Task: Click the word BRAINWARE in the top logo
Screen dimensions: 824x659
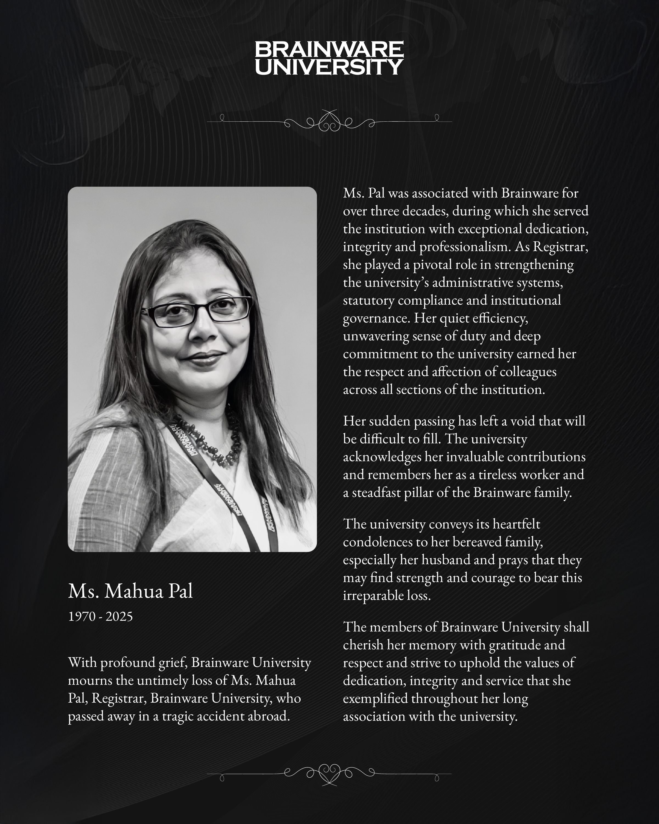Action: (329, 50)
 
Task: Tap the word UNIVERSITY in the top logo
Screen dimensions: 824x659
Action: (329, 67)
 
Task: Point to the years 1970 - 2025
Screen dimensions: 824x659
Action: (100, 616)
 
